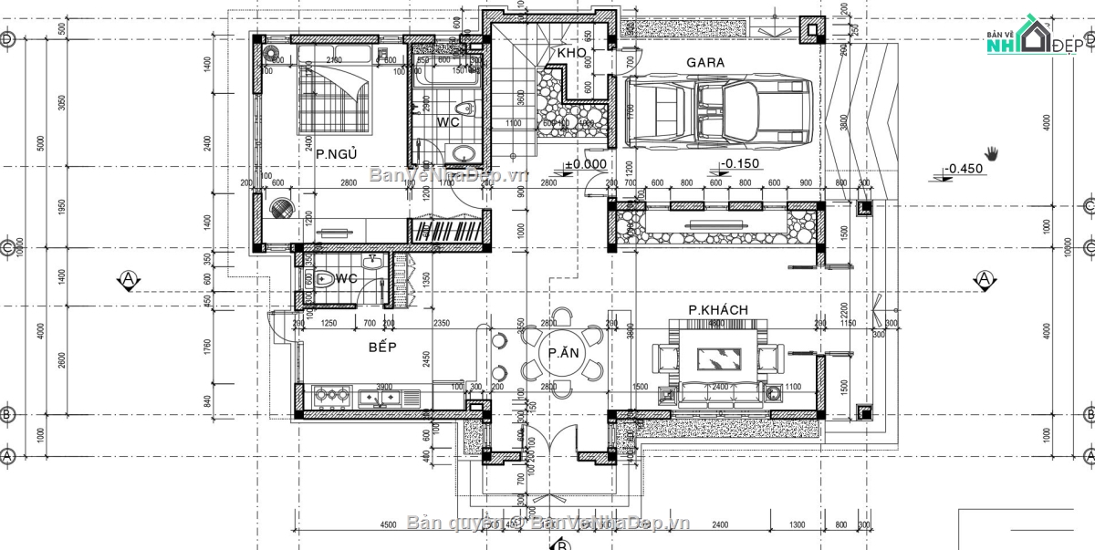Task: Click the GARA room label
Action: pos(705,63)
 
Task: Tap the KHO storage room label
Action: pos(570,54)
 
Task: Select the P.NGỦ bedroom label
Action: pos(336,154)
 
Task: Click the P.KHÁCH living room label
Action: pos(718,310)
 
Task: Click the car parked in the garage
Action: pos(719,111)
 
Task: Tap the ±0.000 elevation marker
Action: pos(585,165)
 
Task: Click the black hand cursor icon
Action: pos(993,151)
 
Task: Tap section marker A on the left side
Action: pos(129,278)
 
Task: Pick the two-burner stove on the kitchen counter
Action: pos(331,396)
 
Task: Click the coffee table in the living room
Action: pos(717,356)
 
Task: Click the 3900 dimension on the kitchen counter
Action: pos(385,387)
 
